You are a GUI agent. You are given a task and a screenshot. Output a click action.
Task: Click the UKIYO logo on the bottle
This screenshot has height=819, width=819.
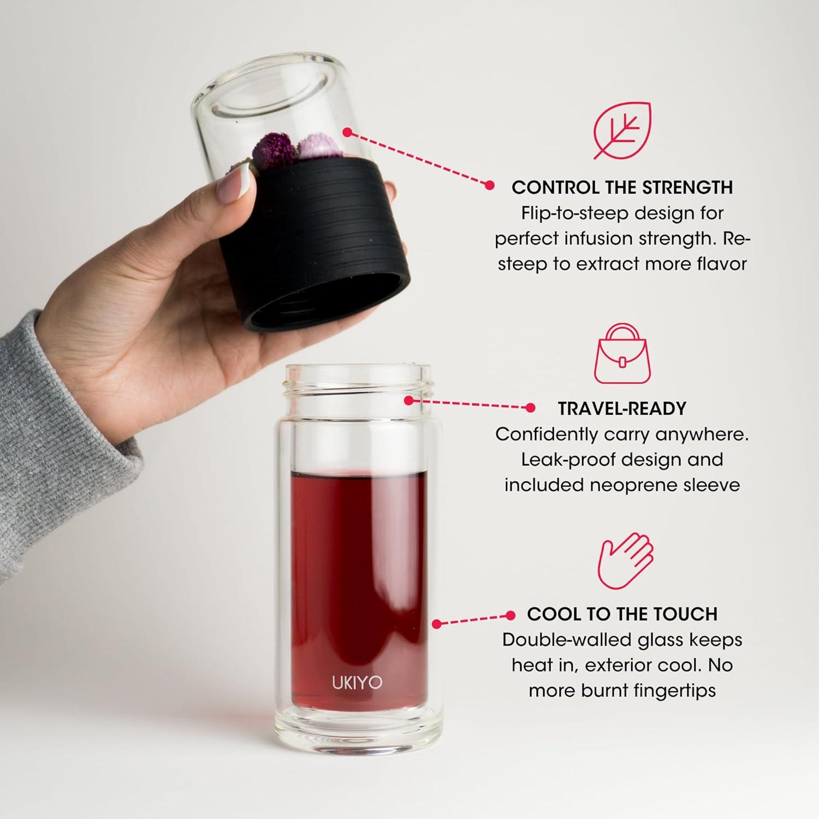pyautogui.click(x=357, y=682)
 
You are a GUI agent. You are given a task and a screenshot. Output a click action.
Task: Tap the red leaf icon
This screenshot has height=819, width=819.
pyautogui.click(x=622, y=130)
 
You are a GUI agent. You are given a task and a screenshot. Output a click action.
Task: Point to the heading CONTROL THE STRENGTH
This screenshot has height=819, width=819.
pyautogui.click(x=622, y=187)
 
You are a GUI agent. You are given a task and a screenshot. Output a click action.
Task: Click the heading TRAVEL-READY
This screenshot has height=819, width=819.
pyautogui.click(x=622, y=408)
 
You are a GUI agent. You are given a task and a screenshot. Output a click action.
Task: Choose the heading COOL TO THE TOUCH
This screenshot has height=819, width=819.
pyautogui.click(x=622, y=614)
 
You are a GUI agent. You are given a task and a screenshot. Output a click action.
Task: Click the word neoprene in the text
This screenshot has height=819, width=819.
pyautogui.click(x=633, y=485)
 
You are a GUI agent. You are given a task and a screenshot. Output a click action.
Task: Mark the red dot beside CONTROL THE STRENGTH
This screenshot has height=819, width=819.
pyautogui.click(x=490, y=186)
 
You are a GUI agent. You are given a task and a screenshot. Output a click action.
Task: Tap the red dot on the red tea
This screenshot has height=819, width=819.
pyautogui.click(x=436, y=623)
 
